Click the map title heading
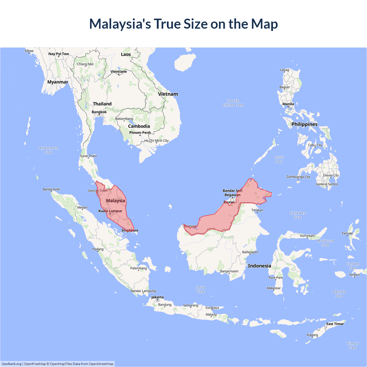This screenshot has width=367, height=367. (x=183, y=24)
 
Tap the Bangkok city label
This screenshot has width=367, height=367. (x=99, y=112)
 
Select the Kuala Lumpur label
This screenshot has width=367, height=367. (x=110, y=211)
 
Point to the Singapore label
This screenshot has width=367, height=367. (x=130, y=230)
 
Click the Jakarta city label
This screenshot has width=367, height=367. (x=157, y=297)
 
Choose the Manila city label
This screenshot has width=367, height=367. (x=288, y=104)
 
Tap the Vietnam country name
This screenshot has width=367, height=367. (x=168, y=94)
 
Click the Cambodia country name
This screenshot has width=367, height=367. (x=139, y=126)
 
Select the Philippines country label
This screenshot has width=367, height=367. (x=304, y=124)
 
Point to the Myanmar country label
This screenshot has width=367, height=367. (x=58, y=82)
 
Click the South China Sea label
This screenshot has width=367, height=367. (x=233, y=103)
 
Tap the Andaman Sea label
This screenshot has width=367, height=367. (x=48, y=150)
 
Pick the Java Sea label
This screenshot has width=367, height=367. (x=201, y=290)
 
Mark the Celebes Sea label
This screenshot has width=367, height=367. (x=298, y=215)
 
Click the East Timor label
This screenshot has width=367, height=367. (x=335, y=324)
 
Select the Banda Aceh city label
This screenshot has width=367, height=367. (x=51, y=189)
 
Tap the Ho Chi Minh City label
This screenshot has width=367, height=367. (x=157, y=140)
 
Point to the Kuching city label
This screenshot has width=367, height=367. (x=190, y=226)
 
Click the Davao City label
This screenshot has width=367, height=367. (x=331, y=175)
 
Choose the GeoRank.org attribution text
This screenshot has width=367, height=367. (x=11, y=364)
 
